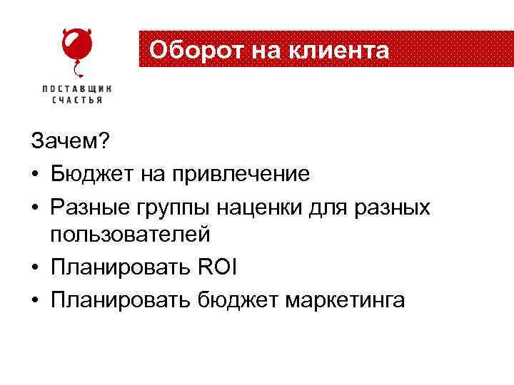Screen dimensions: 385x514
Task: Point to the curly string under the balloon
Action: coord(78,71)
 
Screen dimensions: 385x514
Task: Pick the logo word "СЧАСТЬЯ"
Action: coord(76,100)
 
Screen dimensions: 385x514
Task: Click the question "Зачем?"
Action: coord(70,143)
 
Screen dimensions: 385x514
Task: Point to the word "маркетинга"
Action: coord(345,300)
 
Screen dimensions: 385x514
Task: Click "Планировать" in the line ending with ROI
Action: coord(118,268)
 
